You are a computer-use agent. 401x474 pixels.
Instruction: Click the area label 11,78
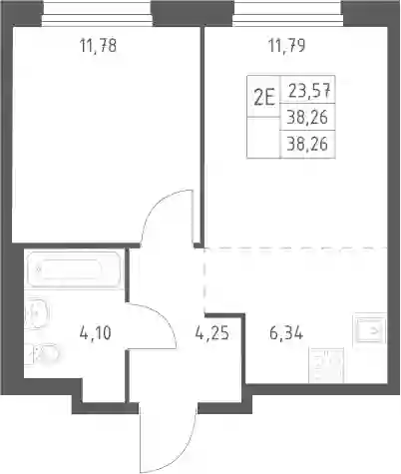pos(98,46)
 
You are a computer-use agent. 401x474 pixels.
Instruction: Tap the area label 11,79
pos(286,46)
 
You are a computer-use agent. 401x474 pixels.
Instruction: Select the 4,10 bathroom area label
pos(96,333)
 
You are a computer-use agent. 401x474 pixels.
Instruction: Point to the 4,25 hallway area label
pos(212,333)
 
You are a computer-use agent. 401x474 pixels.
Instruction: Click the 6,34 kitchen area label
pos(286,333)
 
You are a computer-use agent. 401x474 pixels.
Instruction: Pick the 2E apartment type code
pos(264,98)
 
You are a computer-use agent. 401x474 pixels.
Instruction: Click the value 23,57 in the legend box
pos(309,91)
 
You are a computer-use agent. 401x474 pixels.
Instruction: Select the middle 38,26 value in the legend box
pos(307,117)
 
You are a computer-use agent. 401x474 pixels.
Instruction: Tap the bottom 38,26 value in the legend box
pos(307,144)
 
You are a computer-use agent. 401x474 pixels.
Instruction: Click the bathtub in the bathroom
pos(74,269)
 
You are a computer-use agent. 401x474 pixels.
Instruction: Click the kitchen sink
pos(369,330)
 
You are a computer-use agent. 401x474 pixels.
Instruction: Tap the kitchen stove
pos(326,365)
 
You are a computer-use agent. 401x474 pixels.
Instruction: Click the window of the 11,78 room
pos(97,13)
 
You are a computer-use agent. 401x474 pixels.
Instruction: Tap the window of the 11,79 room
pos(287,13)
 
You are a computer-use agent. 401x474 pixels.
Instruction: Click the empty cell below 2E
pos(263,137)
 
